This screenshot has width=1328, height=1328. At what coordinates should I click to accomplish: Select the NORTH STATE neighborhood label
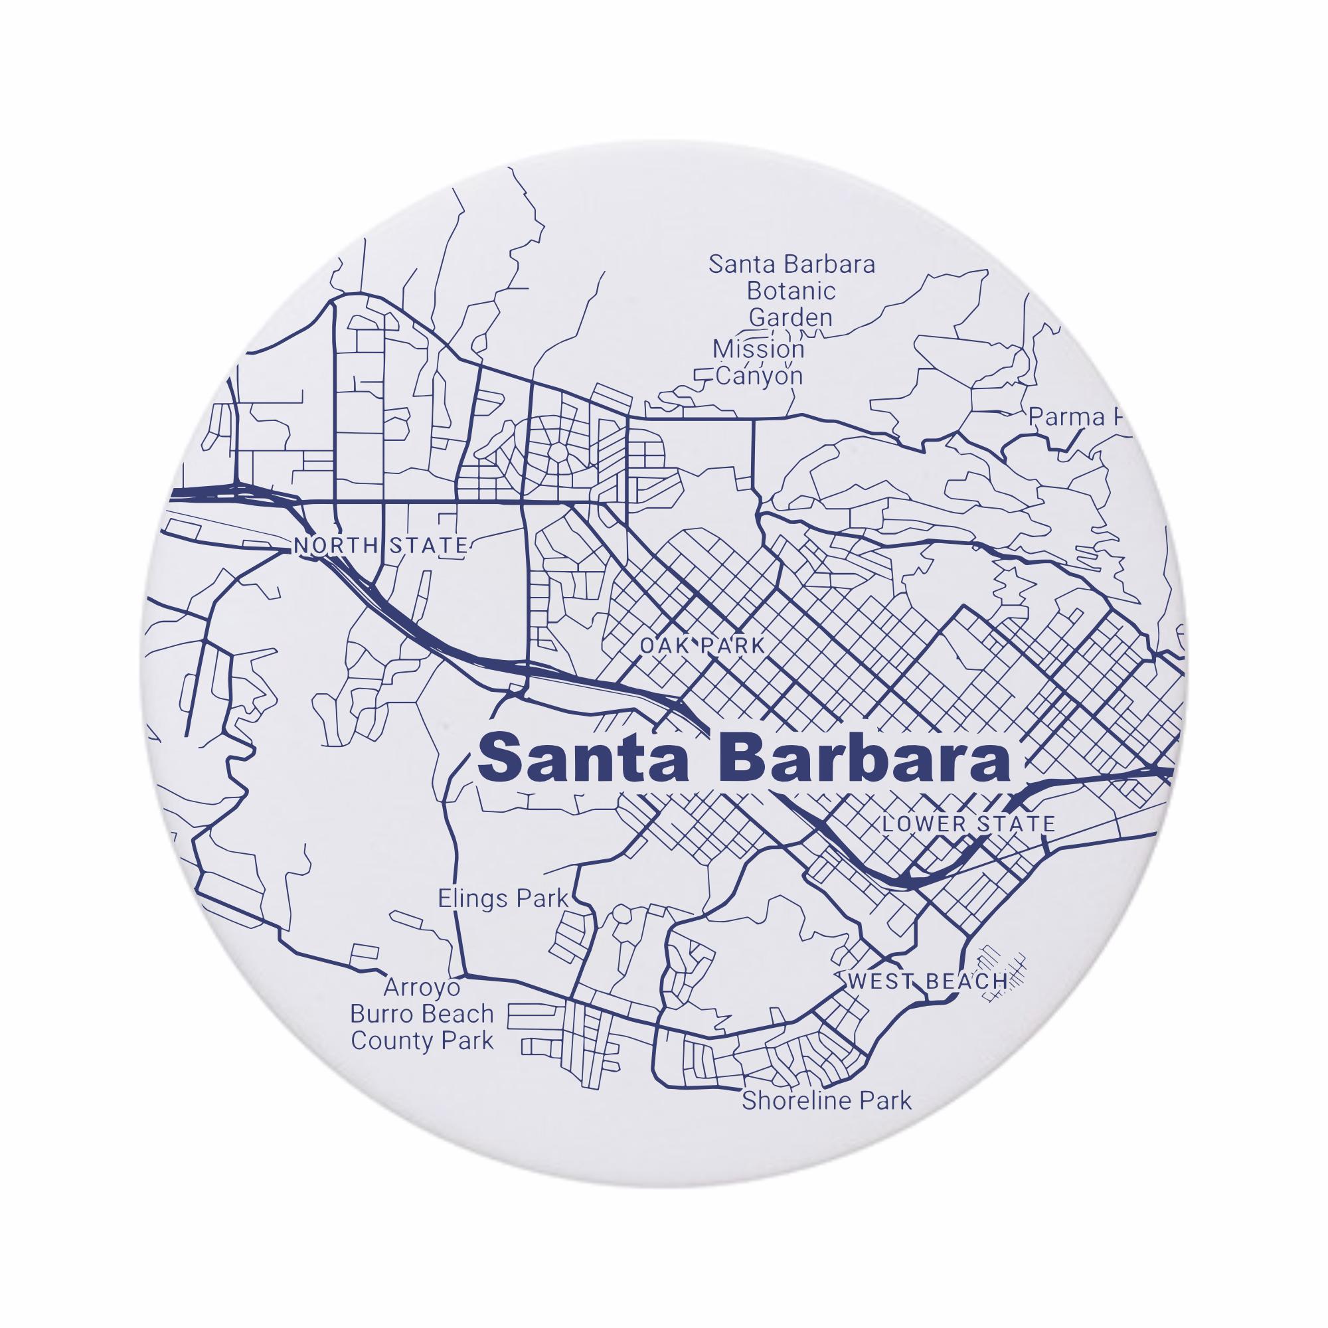point(380,546)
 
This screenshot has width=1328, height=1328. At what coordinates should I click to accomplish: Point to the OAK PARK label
point(702,646)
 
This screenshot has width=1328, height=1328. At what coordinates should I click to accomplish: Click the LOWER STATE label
point(969,823)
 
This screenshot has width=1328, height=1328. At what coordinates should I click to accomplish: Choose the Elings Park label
point(503,898)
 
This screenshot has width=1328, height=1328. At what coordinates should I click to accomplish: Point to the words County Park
point(422,1040)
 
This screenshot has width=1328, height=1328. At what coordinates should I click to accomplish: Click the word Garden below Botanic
point(790,317)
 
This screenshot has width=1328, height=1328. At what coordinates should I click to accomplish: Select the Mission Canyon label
point(759,363)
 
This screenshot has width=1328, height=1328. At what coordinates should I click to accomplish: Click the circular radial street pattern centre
point(558,452)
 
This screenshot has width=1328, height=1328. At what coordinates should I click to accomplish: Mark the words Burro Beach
point(422,1014)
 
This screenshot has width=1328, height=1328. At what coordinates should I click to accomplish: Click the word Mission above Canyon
point(758,349)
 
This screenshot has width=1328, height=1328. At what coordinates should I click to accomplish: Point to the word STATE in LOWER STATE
point(1015,823)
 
